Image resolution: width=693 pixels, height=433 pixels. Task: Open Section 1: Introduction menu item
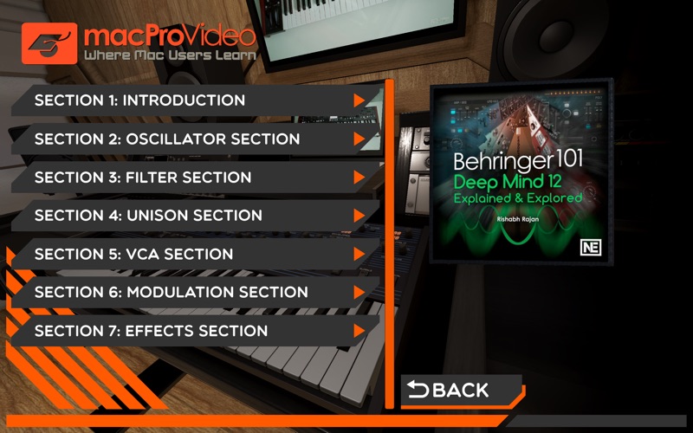(x=139, y=100)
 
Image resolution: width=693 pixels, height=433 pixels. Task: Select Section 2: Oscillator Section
(x=166, y=139)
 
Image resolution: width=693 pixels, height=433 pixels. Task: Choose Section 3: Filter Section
(x=143, y=178)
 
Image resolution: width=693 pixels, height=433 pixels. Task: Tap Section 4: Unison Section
(x=147, y=216)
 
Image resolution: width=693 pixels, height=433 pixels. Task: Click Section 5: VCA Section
(x=133, y=255)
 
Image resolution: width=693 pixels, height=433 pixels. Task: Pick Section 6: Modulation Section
(x=171, y=293)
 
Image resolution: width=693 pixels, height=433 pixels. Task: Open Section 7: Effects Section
(x=151, y=331)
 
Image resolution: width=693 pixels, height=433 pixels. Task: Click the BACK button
(x=450, y=391)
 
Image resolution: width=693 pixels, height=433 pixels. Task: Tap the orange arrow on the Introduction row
(x=359, y=100)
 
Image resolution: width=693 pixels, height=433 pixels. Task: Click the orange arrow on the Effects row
(x=359, y=331)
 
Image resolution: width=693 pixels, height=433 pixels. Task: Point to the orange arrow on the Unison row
(x=359, y=216)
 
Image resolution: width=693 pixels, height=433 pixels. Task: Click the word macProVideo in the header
(x=170, y=35)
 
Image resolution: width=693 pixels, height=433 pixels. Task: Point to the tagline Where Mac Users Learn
(x=170, y=55)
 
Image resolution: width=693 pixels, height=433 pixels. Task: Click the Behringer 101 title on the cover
(x=519, y=162)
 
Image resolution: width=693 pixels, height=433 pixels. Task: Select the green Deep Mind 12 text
(x=519, y=183)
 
